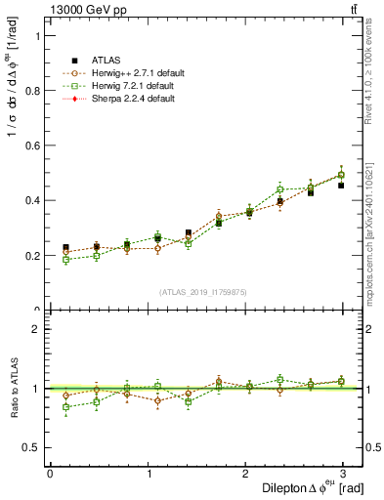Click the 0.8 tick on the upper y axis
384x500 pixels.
(32, 91)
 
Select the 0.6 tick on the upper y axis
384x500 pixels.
(32, 146)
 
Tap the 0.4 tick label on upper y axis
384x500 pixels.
(32, 201)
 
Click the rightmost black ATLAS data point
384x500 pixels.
(341, 185)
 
